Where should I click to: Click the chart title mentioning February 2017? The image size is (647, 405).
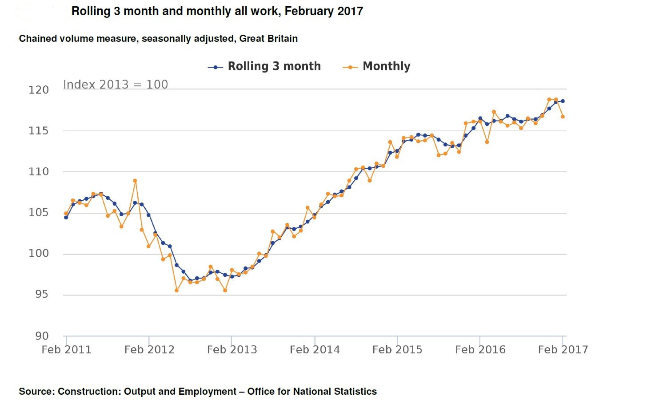pos(217,11)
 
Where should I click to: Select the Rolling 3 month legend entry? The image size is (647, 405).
pos(264,66)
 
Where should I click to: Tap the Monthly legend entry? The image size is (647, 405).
pos(376,66)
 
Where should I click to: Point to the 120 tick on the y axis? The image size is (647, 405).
pos(39,90)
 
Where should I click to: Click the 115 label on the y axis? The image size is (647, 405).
pos(39,131)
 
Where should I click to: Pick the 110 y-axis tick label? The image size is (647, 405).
pos(39,172)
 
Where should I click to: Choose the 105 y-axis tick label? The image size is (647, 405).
pos(39,213)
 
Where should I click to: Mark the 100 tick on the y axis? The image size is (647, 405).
pos(39,253)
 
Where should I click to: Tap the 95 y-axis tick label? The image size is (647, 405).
pos(42,294)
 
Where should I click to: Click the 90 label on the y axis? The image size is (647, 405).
pos(42,336)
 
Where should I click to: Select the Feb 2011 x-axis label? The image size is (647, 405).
pos(67,350)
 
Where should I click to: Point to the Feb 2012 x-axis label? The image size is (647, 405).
pos(149,350)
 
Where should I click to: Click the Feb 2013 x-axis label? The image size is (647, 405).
pos(232,350)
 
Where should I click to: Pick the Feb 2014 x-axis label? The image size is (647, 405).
pos(315,350)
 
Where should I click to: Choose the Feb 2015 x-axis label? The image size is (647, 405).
pos(397,350)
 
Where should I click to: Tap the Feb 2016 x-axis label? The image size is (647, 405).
pos(480,350)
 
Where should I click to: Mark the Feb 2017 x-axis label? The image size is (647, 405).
pos(563,350)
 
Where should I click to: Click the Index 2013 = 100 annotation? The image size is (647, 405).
pos(116,85)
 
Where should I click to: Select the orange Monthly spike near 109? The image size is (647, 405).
pos(135,181)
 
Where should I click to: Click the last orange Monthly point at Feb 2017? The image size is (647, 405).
pos(563,117)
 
